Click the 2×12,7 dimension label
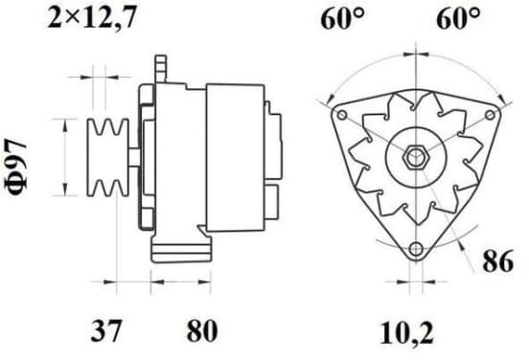point(92,18)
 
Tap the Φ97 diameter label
point(16,167)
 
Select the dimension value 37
point(105,330)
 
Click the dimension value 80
point(202,330)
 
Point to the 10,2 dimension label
point(406,333)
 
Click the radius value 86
point(498,261)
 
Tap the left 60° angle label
point(342,19)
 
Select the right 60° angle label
point(458,19)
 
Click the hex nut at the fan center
point(416,157)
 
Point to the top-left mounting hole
point(342,115)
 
